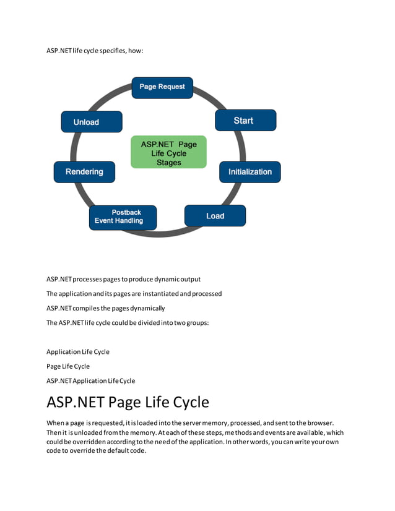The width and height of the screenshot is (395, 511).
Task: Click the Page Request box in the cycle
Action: click(x=162, y=87)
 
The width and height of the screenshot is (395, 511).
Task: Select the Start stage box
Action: click(x=245, y=121)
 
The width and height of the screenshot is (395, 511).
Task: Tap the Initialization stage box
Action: click(x=250, y=172)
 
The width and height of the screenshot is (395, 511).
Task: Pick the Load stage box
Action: click(x=215, y=216)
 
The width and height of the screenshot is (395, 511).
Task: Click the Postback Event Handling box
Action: click(x=123, y=217)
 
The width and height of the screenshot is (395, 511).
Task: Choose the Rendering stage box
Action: click(x=84, y=172)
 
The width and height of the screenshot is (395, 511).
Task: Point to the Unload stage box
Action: click(x=91, y=122)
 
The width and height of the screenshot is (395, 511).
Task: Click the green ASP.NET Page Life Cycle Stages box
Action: click(x=168, y=153)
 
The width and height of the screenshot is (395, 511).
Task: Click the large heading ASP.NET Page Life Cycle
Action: click(x=128, y=402)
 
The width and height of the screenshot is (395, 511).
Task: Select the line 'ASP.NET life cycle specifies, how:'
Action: click(x=95, y=50)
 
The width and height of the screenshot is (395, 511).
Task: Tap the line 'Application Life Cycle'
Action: click(x=78, y=351)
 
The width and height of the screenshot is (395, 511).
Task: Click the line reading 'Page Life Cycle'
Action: click(x=68, y=366)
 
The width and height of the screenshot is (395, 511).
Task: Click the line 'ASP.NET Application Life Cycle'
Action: click(x=90, y=380)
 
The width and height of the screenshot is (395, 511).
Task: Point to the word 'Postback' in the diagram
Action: click(x=126, y=212)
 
